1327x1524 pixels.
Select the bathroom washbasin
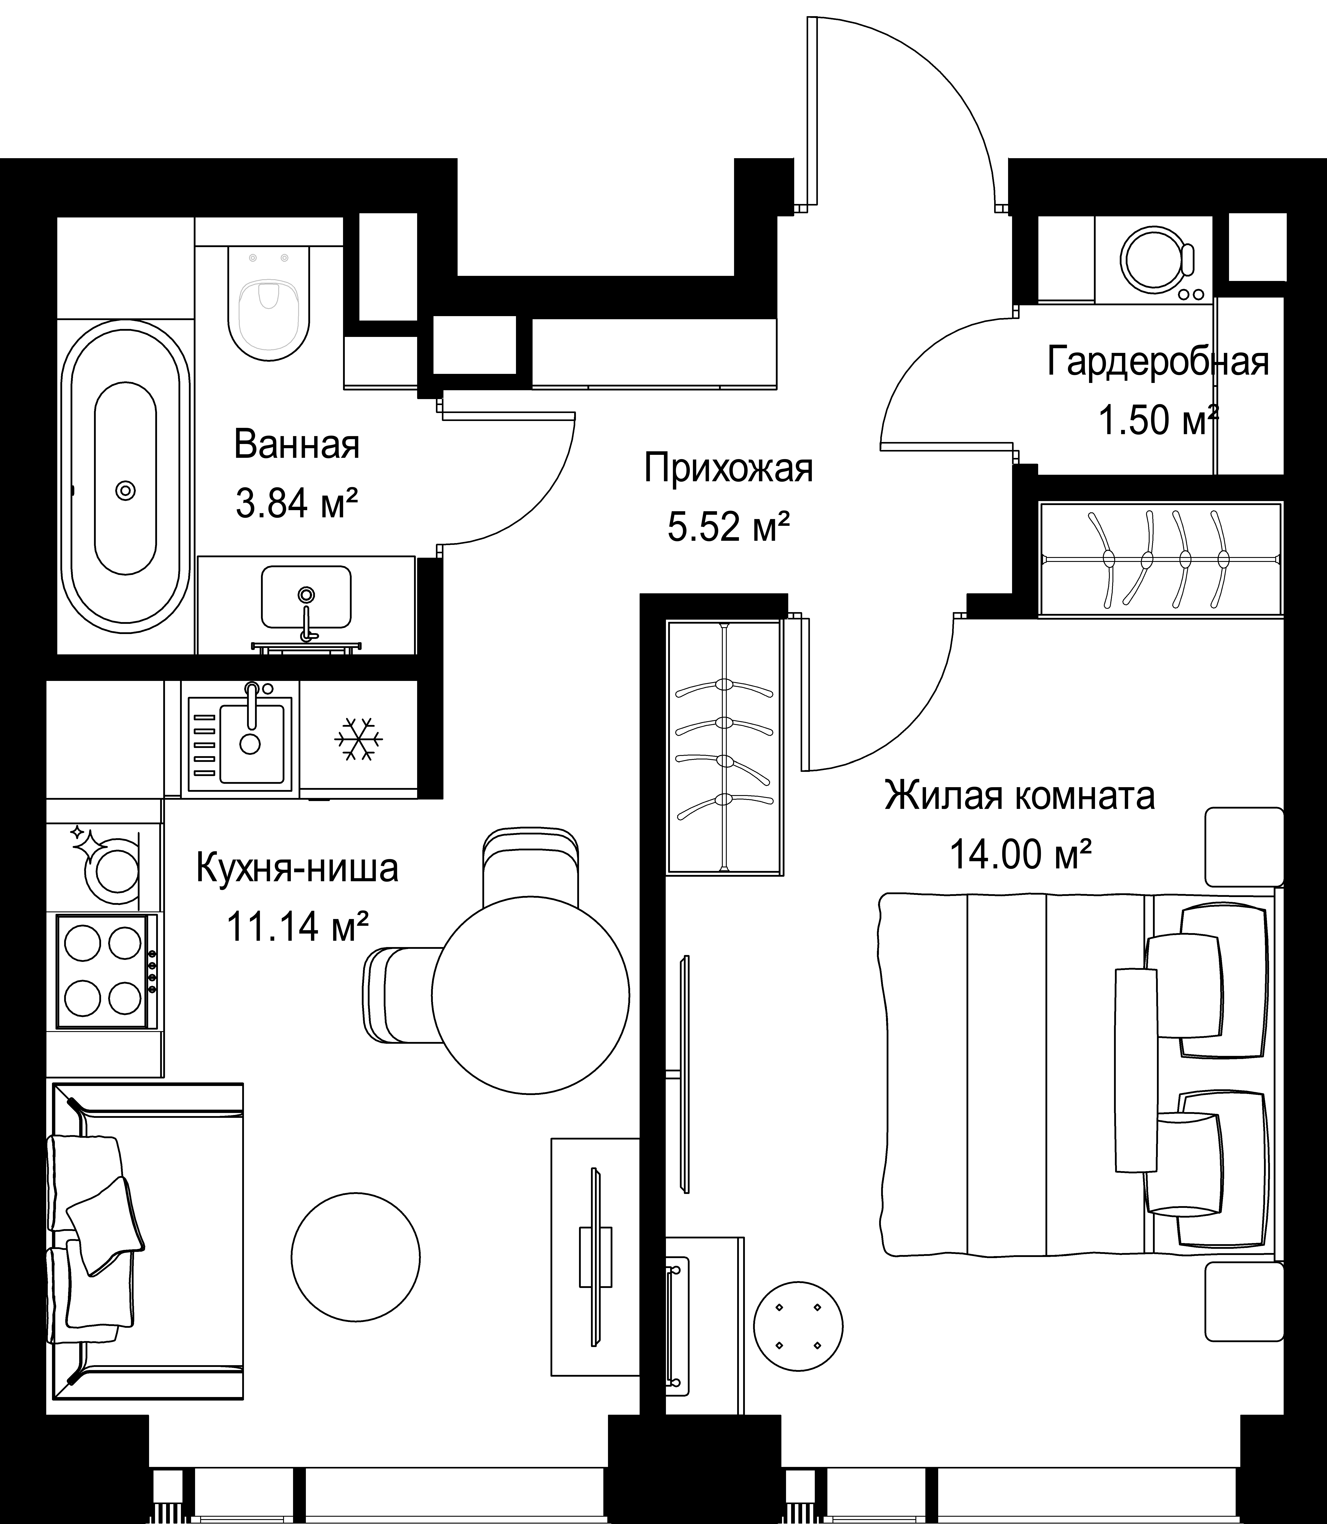[x=306, y=596]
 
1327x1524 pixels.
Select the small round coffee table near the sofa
[x=355, y=1257]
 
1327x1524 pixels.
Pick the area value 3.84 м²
[x=297, y=505]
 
